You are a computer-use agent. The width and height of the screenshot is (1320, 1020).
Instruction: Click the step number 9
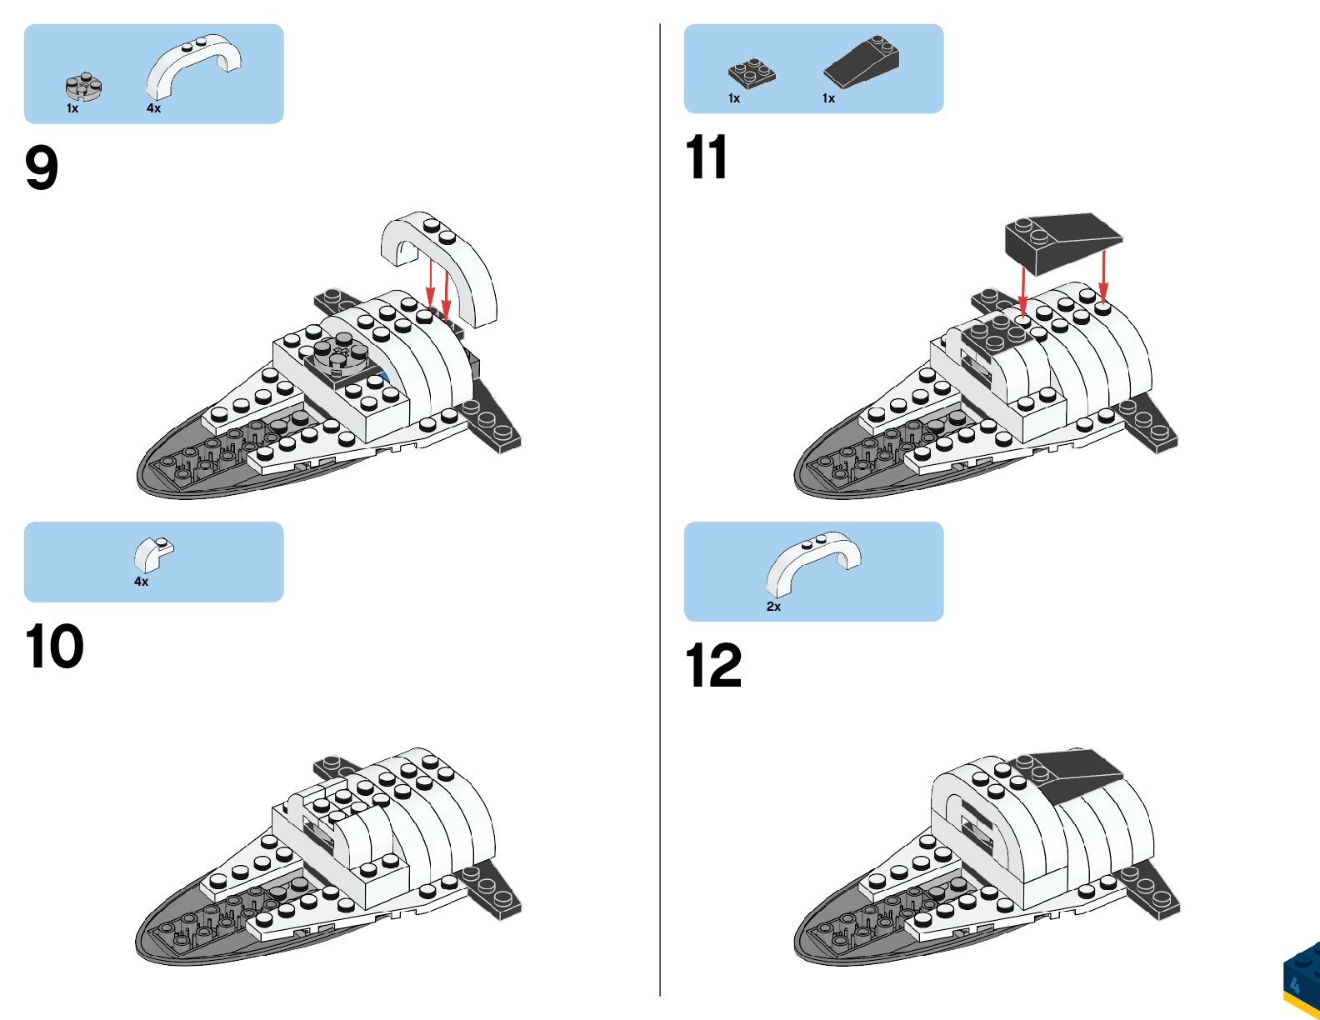click(42, 168)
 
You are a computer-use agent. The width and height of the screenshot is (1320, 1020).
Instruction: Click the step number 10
click(54, 647)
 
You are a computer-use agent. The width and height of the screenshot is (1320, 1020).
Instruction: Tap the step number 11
click(706, 158)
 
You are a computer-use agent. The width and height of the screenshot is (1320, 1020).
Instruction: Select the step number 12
click(712, 666)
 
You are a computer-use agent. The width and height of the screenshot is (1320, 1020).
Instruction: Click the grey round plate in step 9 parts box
click(84, 86)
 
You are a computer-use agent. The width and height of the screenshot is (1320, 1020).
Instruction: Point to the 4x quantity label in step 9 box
click(153, 108)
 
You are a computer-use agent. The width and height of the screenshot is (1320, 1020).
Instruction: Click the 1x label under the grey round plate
click(72, 108)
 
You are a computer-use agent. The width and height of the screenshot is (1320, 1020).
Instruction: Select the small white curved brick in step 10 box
click(154, 554)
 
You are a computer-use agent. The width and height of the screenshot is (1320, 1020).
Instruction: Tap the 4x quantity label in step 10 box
click(141, 582)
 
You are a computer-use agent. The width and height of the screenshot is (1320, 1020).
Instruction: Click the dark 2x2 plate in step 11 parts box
click(752, 73)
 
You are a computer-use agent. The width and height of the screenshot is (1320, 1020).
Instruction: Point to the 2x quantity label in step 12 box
click(773, 607)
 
